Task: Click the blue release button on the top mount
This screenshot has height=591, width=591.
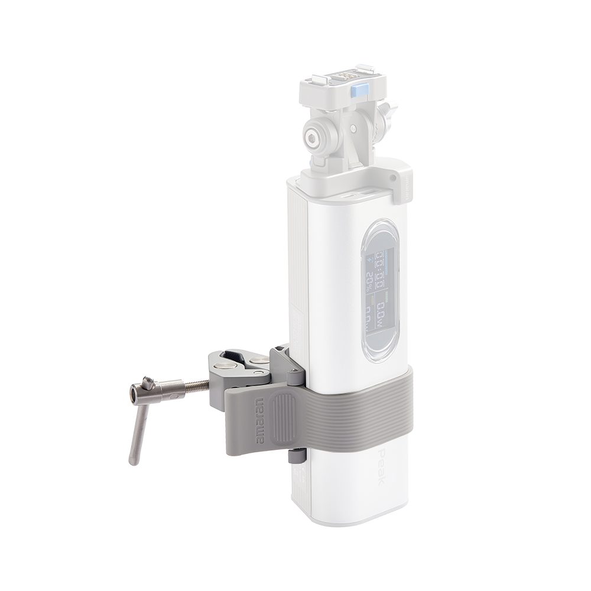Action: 359,91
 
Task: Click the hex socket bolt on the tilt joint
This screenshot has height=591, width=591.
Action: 312,138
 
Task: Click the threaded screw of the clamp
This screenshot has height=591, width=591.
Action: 196,387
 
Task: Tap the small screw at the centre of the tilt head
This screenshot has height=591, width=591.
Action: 353,128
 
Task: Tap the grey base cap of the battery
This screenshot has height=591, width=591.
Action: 355,519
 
